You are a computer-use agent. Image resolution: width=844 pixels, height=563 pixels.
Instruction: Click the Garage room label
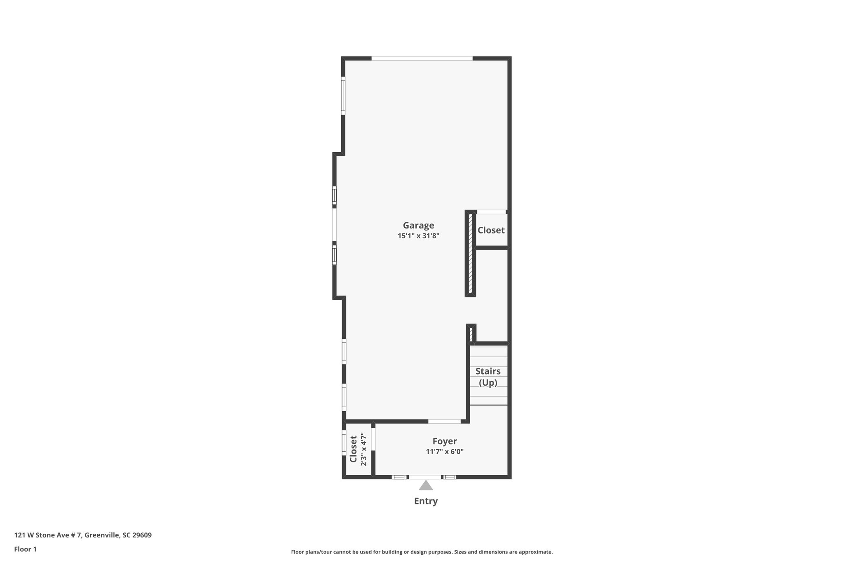point(418,226)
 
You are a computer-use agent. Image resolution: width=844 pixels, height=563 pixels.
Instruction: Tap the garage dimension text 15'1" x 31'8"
point(418,236)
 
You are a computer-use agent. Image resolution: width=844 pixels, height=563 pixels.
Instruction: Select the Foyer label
point(445,441)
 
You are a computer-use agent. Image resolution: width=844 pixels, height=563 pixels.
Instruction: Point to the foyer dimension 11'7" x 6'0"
point(445,452)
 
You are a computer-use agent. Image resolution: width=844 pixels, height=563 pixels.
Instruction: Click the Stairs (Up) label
point(488,377)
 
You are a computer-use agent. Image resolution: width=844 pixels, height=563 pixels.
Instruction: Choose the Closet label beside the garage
point(491,230)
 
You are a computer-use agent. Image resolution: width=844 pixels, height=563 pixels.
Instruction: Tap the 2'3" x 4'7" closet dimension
point(363,449)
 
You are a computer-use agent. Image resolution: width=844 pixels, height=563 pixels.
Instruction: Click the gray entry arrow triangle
point(426,485)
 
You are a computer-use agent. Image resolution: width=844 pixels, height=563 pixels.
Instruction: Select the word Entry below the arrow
point(426,501)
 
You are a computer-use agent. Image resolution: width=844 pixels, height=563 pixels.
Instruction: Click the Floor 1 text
point(25,549)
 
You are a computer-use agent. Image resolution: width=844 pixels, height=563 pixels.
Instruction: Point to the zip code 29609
point(141,535)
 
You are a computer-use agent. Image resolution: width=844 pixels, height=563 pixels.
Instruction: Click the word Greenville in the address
point(103,535)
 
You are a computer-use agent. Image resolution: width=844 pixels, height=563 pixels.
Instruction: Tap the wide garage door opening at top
point(422,59)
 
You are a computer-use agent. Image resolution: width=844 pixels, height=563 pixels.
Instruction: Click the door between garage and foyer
point(444,422)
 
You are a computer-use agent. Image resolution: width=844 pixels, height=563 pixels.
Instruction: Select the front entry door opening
point(425,477)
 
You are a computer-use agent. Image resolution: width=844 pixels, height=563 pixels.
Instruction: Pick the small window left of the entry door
point(399,477)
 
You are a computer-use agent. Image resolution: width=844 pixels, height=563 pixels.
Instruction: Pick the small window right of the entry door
point(450,477)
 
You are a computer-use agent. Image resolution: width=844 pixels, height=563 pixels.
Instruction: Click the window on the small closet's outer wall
point(344,443)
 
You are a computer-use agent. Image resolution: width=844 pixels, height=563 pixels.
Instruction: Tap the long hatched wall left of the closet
point(471,253)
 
